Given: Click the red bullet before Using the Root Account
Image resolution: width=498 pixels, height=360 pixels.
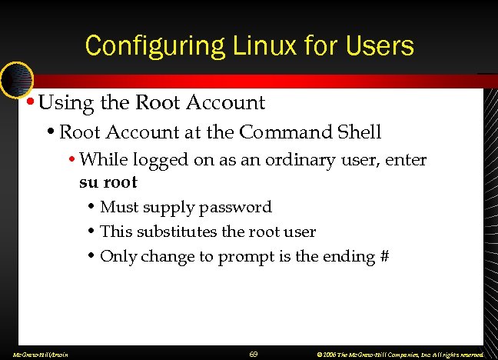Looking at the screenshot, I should pos(29,102).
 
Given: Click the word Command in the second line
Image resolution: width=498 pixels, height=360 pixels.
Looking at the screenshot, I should pos(284,132).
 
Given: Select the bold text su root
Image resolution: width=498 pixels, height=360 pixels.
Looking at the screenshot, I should pos(108,182).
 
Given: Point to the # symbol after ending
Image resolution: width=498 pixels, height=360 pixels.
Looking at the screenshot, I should pos(383,256).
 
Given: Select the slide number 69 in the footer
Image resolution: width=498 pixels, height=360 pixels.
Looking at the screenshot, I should pos(253,354).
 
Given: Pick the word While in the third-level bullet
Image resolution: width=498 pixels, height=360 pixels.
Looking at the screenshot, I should pos(102,160).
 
